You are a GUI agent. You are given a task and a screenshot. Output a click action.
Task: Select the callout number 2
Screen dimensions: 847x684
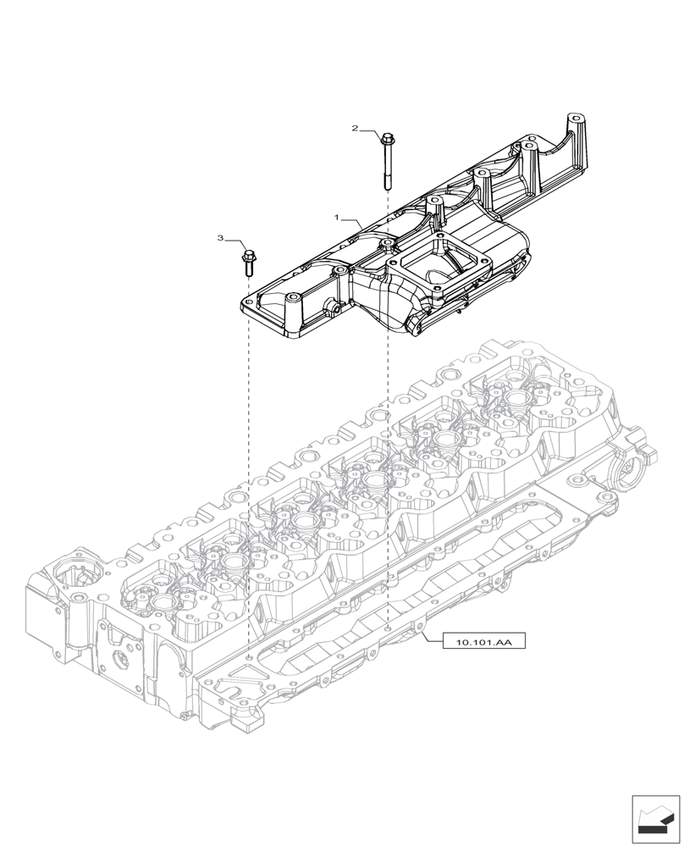click(356, 129)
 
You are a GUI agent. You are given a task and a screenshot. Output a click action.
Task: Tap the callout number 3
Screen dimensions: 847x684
click(220, 239)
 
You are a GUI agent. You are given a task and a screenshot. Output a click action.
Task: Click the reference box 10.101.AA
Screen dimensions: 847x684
click(483, 643)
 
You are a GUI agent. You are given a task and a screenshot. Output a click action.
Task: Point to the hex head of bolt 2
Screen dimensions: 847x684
click(387, 138)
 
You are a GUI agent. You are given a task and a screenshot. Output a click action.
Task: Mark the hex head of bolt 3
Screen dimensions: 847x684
click(248, 254)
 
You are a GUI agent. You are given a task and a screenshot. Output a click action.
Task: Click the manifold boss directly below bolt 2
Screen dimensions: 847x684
click(387, 246)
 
